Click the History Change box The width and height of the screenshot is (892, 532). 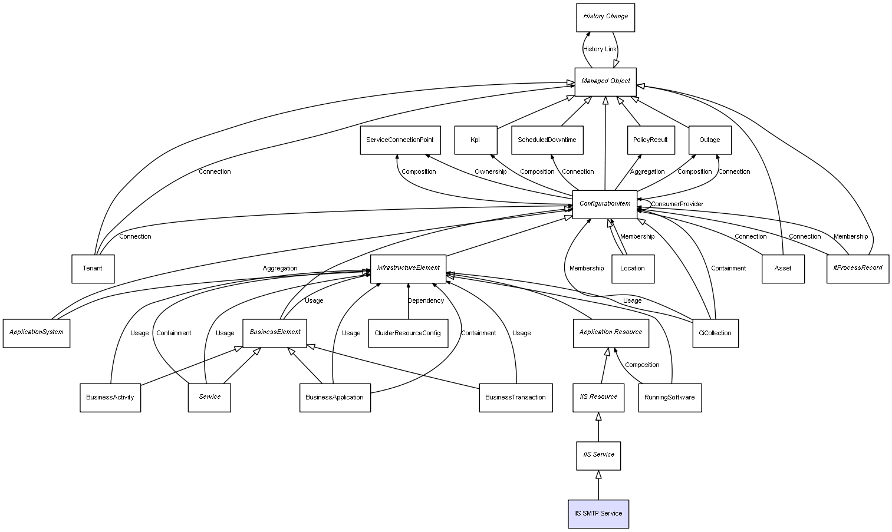point(605,18)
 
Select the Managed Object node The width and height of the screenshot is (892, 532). point(605,82)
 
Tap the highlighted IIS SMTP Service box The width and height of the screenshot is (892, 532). point(598,514)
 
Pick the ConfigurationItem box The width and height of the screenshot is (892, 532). point(604,204)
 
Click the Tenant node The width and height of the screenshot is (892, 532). point(93,269)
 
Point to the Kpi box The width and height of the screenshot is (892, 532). point(475,140)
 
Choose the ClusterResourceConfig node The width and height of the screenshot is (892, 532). point(408,333)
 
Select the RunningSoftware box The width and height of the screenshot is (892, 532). point(670,398)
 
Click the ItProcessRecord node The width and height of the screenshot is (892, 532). point(858,269)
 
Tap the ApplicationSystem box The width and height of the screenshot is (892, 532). point(36,333)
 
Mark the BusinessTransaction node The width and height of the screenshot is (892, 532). point(516,398)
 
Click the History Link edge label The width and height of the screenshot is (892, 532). point(600,49)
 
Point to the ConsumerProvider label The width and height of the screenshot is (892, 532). point(677,204)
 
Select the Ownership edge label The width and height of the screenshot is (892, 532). point(491,171)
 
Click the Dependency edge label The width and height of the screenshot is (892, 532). point(426,300)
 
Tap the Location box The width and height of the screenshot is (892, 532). point(633,269)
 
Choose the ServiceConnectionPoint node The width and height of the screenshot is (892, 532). point(400,140)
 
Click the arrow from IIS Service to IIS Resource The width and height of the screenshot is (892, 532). point(598,427)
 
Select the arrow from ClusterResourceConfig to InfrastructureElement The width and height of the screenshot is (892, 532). point(408,301)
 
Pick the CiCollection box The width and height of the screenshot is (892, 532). point(715,333)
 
